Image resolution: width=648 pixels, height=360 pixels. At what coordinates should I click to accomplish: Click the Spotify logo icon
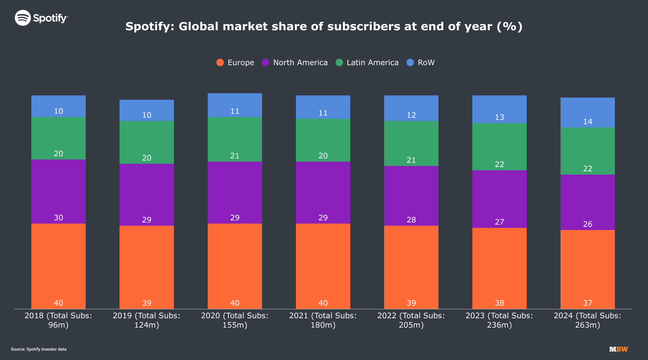tap(23, 18)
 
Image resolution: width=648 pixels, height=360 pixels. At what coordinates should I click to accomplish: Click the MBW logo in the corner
tap(618, 349)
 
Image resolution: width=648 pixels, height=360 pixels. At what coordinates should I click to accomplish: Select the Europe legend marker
tap(220, 63)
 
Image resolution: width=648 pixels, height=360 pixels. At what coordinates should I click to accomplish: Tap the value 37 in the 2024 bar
tap(588, 303)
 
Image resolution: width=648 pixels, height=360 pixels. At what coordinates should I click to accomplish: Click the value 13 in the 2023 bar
tap(499, 117)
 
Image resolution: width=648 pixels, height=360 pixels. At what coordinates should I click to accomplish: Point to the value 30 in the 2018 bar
tap(58, 218)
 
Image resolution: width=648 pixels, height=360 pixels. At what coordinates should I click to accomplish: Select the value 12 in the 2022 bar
tap(411, 115)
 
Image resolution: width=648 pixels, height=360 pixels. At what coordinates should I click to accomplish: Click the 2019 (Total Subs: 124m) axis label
tap(147, 320)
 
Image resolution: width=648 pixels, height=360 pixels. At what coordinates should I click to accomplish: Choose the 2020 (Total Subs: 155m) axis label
tap(235, 320)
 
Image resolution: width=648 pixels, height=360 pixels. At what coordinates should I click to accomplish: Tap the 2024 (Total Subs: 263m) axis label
tap(588, 320)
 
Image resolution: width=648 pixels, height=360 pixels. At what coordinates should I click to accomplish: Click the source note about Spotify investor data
tap(39, 349)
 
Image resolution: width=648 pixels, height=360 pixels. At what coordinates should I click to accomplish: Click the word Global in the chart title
tap(198, 26)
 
